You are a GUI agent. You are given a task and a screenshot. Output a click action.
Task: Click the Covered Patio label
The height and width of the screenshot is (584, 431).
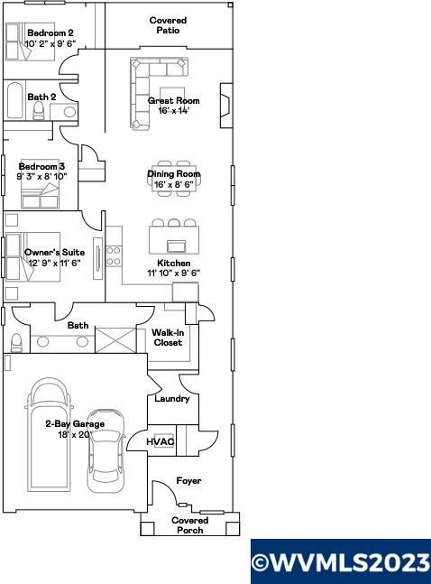pos(168,25)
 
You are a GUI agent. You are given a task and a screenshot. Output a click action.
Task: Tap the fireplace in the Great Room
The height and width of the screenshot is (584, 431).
pos(226,106)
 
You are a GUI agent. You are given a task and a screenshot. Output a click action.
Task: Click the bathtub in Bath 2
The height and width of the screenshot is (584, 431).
pos(15,100)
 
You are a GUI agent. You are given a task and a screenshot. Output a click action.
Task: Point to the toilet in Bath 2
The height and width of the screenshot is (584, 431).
pos(39,111)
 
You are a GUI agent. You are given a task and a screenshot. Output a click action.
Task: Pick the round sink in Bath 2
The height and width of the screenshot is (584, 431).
pos(69,111)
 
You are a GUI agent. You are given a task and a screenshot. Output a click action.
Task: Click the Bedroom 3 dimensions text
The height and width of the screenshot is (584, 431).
pos(42,176)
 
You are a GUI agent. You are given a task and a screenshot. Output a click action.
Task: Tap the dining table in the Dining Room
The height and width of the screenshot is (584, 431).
pos(174,179)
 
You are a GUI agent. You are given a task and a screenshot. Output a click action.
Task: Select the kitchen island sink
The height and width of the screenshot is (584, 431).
pos(176,246)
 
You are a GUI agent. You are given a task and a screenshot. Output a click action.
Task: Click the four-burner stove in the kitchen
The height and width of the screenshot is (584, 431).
pos(114,256)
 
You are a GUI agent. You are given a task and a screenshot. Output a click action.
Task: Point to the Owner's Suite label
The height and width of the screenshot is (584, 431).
pos(54,252)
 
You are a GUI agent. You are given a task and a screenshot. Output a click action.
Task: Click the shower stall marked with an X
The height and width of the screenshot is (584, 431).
pos(116,340)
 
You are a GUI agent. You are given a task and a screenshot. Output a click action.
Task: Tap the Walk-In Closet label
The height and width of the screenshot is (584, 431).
pos(168,338)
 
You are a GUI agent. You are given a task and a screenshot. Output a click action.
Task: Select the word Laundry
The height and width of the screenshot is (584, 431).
pos(172,399)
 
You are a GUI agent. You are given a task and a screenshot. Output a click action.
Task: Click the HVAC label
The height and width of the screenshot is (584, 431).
pos(160,441)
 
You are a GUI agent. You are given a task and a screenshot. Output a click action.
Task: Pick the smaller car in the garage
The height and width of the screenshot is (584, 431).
pos(105,450)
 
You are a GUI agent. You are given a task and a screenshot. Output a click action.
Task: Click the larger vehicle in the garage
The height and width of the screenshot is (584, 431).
pos(50,433)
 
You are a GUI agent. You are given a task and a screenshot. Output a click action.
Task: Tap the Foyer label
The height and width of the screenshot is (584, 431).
pos(188,481)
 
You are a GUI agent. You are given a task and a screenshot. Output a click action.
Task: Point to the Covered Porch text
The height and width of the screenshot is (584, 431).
pos(190,525)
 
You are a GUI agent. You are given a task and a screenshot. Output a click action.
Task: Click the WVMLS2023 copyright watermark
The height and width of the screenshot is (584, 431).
pos(341,562)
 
